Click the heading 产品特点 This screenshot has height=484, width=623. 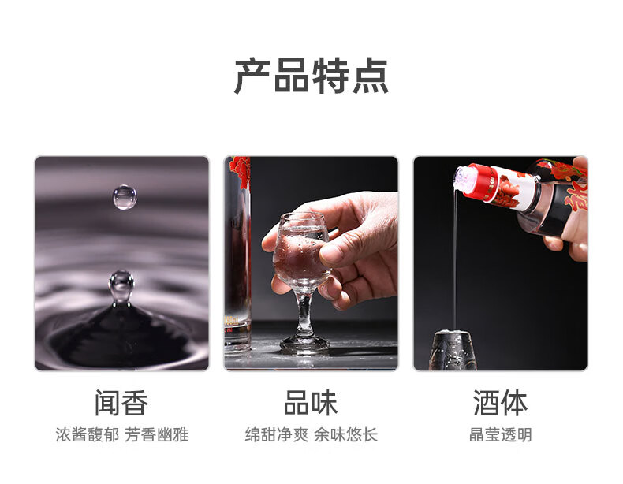[311, 76]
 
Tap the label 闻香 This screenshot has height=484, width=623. [121, 403]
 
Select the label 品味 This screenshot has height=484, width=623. [311, 403]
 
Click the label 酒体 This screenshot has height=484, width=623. [500, 403]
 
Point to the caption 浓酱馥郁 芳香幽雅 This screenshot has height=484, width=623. [121, 435]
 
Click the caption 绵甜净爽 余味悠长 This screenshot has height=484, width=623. [311, 435]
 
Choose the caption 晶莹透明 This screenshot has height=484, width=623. [500, 435]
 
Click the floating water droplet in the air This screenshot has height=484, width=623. [125, 197]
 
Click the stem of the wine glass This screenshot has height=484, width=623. [305, 315]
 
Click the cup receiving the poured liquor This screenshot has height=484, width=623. [453, 350]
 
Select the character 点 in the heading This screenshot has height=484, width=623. [371, 76]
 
